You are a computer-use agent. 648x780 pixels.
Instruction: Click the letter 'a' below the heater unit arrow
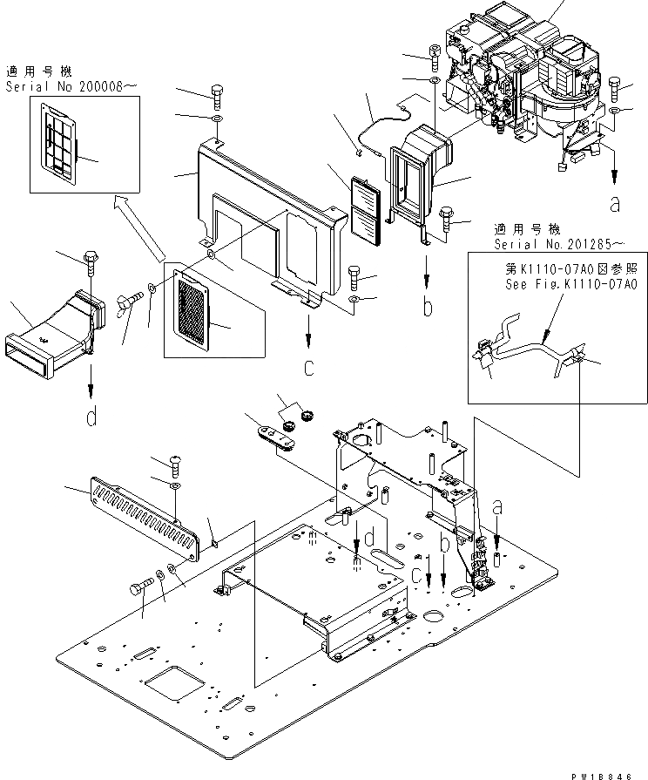616,206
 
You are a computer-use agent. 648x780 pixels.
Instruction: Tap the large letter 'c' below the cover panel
308,368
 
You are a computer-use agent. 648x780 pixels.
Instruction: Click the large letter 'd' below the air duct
91,418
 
